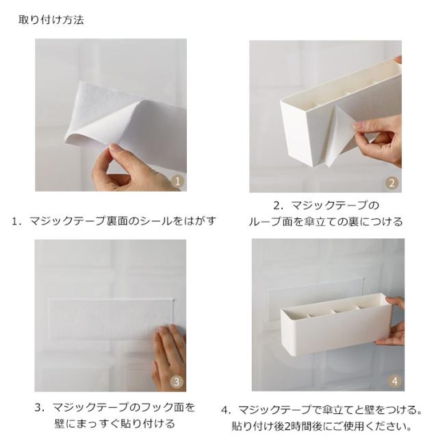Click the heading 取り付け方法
[x=51, y=20]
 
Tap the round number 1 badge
[x=178, y=181]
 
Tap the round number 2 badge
[x=392, y=183]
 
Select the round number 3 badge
[x=177, y=382]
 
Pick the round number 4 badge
[x=394, y=381]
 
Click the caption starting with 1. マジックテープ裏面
[x=114, y=221]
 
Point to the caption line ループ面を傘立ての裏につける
[x=326, y=222]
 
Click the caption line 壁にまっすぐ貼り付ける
[x=114, y=424]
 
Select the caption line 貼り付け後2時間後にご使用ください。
[x=322, y=426]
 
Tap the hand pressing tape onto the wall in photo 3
[x=169, y=357]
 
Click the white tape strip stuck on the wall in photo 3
[x=110, y=319]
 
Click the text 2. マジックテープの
[x=326, y=205]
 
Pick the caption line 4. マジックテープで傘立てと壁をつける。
[x=322, y=410]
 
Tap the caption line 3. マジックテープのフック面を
[x=114, y=407]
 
